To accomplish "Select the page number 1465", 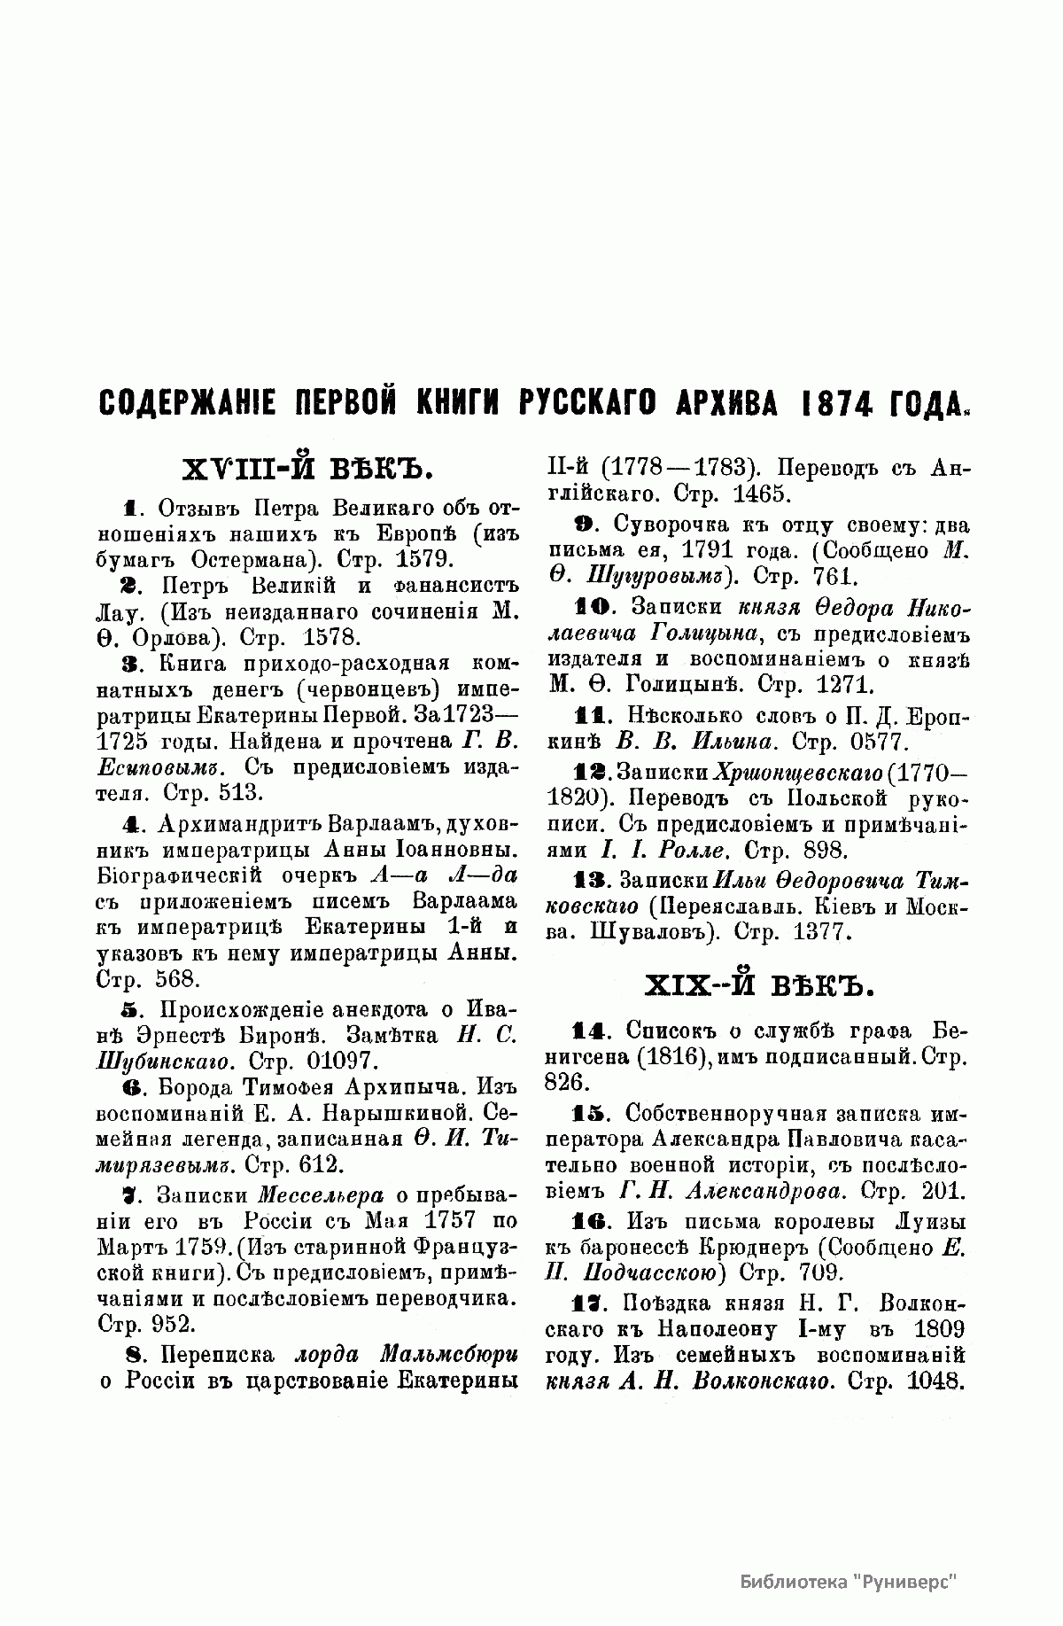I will tap(759, 494).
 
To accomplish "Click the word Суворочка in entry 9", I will tap(676, 525).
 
